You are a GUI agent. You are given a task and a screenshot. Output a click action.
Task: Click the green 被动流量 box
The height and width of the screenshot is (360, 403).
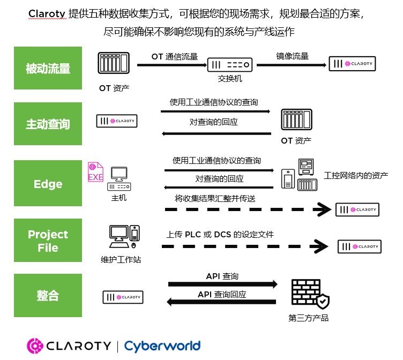48,68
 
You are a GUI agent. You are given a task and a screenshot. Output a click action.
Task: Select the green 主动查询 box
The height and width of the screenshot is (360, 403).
48,124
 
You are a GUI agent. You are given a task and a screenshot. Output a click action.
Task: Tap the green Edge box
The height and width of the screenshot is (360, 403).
48,184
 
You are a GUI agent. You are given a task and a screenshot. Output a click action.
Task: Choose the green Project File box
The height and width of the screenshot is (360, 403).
48,241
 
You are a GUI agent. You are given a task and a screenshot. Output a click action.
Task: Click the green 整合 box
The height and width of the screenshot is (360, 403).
48,295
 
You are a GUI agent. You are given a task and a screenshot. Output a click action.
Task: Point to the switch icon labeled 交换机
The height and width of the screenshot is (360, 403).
229,65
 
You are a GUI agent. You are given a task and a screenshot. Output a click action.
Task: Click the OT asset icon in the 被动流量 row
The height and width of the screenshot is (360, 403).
114,63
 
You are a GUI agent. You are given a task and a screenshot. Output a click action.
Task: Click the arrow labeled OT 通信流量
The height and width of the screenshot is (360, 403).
172,65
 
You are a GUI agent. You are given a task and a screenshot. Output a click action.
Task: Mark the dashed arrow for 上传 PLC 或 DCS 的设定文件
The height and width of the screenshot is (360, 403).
244,246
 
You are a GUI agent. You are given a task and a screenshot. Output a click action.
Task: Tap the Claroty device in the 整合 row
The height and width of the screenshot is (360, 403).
123,297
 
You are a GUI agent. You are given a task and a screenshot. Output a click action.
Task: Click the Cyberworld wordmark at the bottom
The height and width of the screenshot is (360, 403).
162,346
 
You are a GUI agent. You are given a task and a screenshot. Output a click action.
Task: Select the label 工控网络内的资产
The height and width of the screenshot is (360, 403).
356,176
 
